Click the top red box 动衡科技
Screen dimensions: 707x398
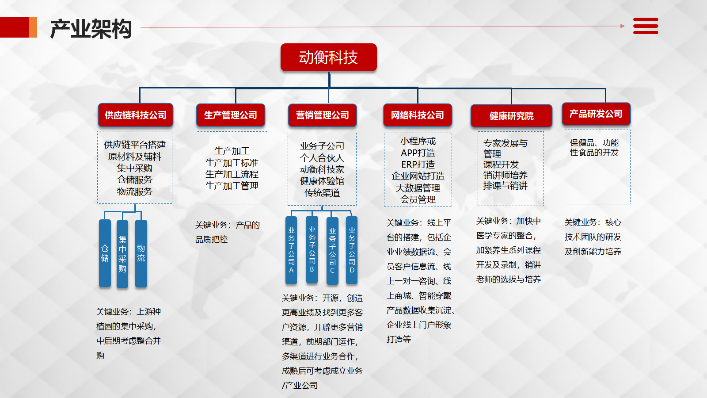pyautogui.click(x=329, y=57)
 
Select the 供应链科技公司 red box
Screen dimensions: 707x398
pyautogui.click(x=135, y=115)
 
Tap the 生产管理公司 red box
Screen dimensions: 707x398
pyautogui.click(x=230, y=115)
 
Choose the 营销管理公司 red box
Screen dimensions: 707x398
pyautogui.click(x=322, y=115)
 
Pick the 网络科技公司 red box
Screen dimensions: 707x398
pyautogui.click(x=418, y=115)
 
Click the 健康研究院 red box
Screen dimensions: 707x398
pyautogui.click(x=511, y=116)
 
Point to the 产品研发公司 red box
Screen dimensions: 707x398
pyautogui.click(x=596, y=114)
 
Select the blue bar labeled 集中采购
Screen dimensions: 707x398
pyautogui.click(x=122, y=254)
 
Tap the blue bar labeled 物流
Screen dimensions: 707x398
pyautogui.click(x=141, y=253)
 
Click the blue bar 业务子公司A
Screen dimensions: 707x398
pyautogui.click(x=291, y=250)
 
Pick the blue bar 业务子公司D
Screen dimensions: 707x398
pyautogui.click(x=352, y=250)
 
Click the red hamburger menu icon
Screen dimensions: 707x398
pyautogui.click(x=646, y=26)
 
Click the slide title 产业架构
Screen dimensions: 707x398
pyautogui.click(x=91, y=29)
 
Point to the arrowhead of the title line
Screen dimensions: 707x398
pyautogui.click(x=623, y=26)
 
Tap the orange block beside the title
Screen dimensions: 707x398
pyautogui.click(x=33, y=27)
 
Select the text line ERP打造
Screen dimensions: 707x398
pyautogui.click(x=418, y=165)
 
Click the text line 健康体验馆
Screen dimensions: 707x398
pyautogui.click(x=322, y=181)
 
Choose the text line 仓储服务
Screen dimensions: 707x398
pyautogui.click(x=135, y=180)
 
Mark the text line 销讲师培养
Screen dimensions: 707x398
pyautogui.click(x=506, y=175)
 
